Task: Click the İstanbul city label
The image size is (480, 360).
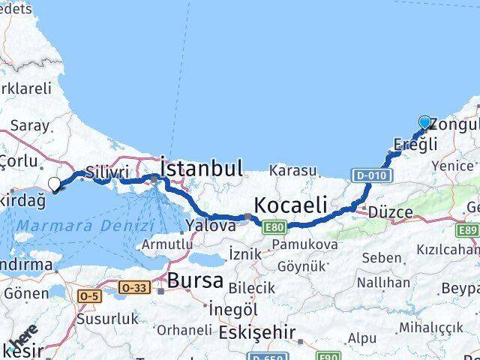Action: coord(201,167)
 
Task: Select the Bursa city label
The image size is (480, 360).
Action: coord(196,280)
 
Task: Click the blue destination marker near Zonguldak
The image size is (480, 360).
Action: coord(425,123)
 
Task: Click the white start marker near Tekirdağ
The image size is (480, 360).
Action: coord(55,184)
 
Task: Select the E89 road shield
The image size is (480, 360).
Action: coord(469,230)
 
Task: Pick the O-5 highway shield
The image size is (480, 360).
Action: coord(88,296)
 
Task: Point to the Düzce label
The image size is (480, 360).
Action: coord(389,212)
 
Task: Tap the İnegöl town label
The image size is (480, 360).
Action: coord(232,309)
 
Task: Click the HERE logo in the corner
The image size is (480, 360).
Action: coord(24,342)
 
